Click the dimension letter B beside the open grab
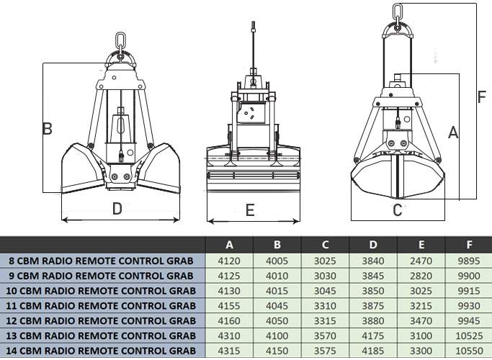(x=48, y=129)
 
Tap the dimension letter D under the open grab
(x=117, y=209)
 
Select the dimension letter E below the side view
(x=250, y=210)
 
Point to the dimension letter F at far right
(x=482, y=97)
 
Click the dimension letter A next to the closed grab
(x=453, y=132)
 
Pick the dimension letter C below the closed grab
(x=397, y=210)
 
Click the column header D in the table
(x=373, y=245)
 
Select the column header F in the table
(x=469, y=245)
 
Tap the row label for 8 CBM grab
(x=101, y=261)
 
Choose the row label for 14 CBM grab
(x=101, y=351)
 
